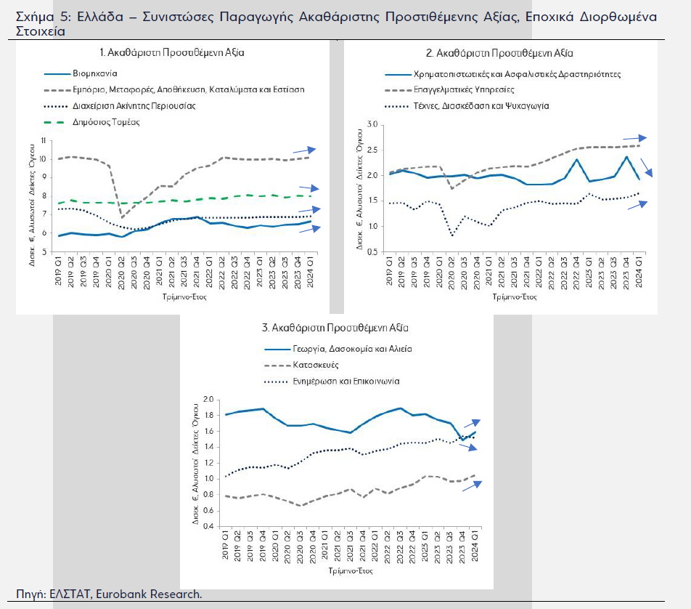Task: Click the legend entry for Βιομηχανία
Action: pos(94,73)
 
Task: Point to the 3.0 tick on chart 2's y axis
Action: pos(372,125)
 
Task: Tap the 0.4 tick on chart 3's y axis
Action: pos(208,525)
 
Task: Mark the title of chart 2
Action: pos(499,52)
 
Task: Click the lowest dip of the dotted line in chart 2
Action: pos(453,235)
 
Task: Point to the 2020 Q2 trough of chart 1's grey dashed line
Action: pos(122,217)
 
